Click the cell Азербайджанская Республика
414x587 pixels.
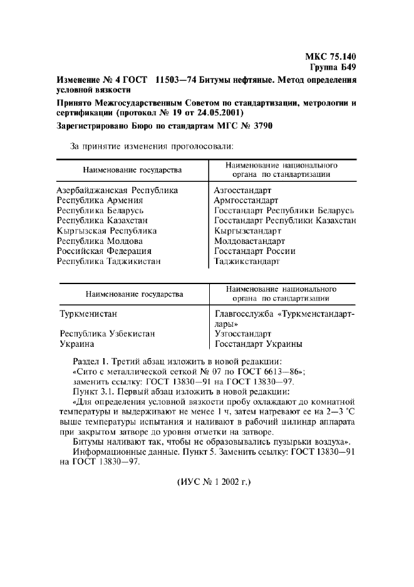click(117, 190)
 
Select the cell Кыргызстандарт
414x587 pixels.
click(247, 231)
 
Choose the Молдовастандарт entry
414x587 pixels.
click(249, 241)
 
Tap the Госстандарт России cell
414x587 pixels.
click(254, 251)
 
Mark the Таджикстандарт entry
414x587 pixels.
click(247, 261)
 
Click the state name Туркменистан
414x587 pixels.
click(88, 313)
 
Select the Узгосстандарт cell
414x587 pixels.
click(243, 334)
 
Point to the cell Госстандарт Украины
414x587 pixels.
click(259, 344)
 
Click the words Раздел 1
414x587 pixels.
click(94, 361)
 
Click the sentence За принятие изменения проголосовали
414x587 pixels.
click(151, 146)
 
